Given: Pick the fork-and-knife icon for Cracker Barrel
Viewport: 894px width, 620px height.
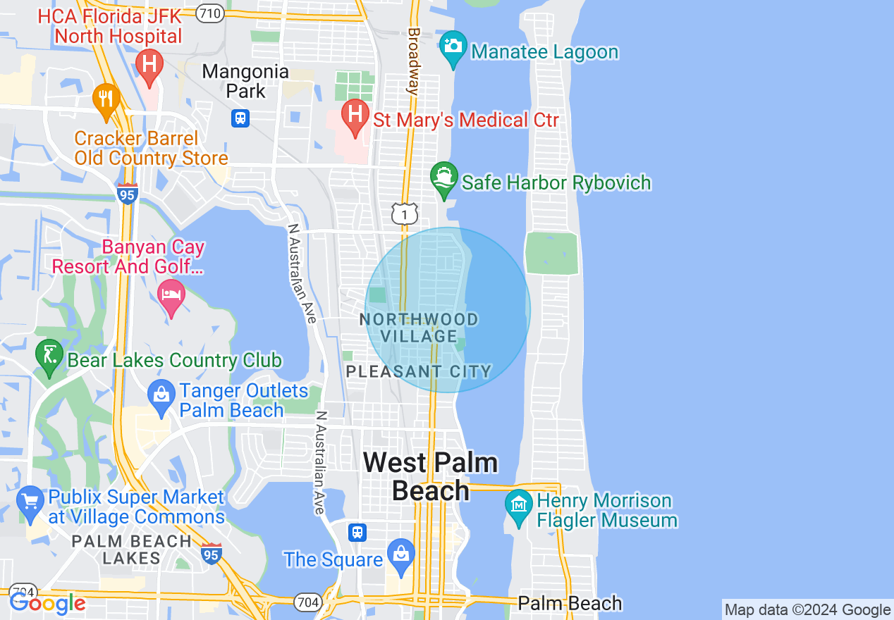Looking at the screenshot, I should tap(106, 99).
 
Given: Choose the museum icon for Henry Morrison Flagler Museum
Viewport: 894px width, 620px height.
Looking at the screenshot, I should tap(519, 506).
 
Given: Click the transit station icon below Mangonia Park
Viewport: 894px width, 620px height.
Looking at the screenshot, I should tap(240, 118).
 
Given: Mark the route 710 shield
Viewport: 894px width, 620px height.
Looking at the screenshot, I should tap(210, 13).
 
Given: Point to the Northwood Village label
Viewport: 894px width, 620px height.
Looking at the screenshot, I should tap(419, 328).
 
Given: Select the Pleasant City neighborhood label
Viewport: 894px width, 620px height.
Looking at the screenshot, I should tap(419, 371).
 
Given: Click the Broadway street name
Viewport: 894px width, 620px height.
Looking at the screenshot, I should tap(414, 61).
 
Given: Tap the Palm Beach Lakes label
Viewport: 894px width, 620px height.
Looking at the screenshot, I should tap(133, 550).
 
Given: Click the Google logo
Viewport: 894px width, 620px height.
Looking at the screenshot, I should tap(47, 602).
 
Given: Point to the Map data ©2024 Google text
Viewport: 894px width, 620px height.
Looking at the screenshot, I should tap(808, 610).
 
